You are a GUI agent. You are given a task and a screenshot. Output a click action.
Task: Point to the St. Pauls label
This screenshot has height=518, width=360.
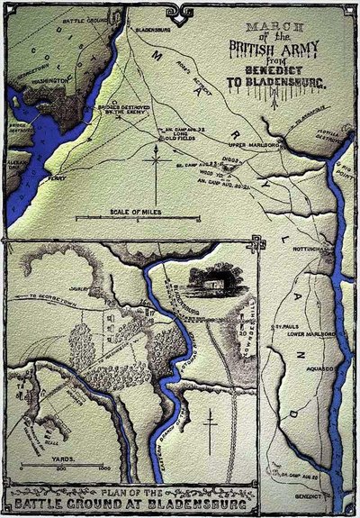(x=285, y=337)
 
